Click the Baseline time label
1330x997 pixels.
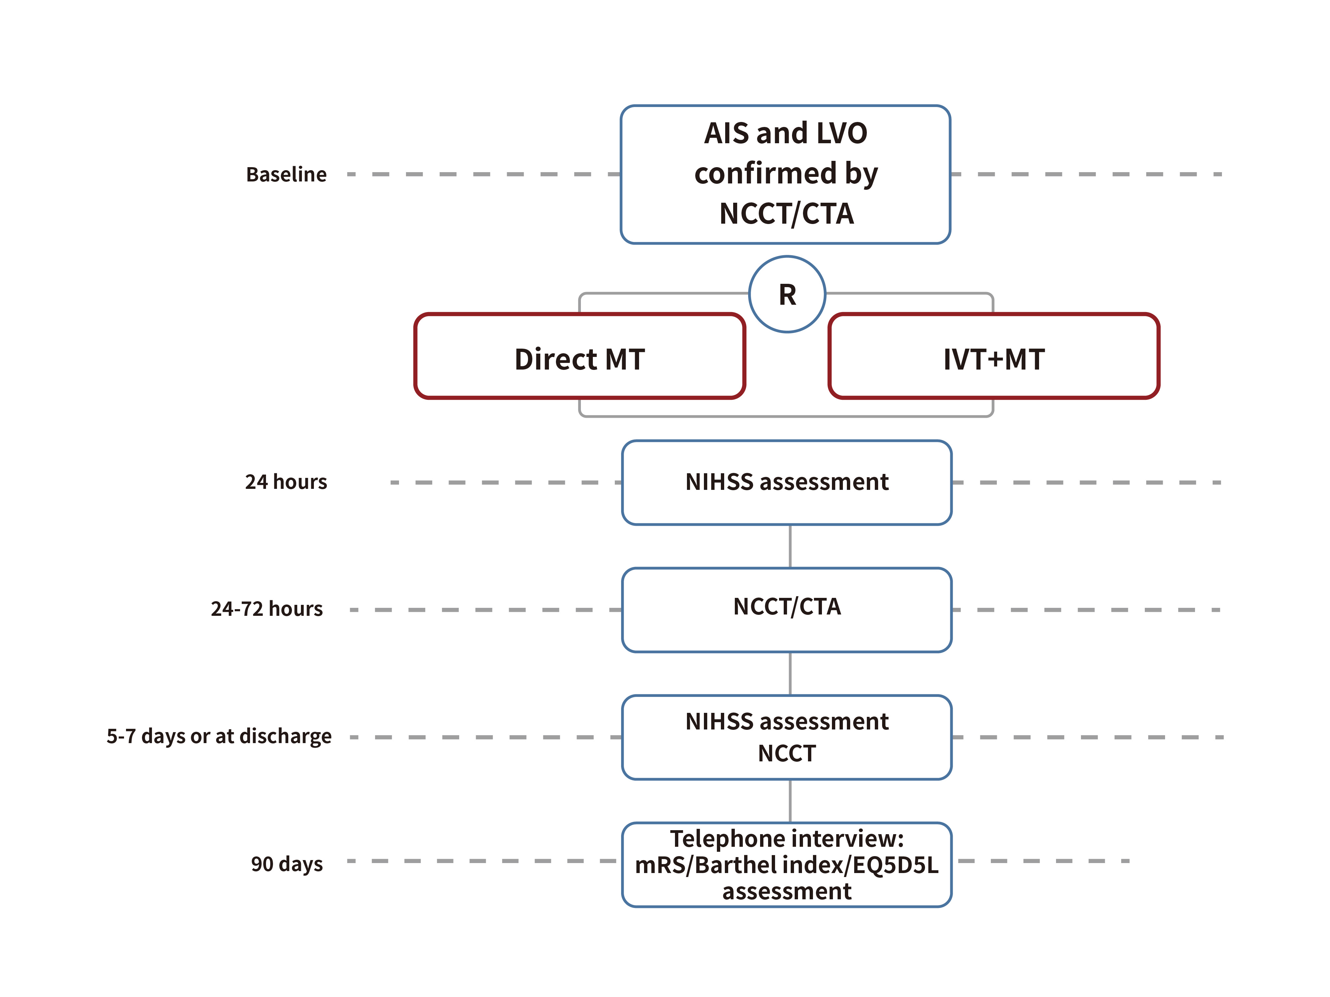tap(286, 174)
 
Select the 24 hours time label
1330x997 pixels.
tap(286, 482)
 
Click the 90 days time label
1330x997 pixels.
tap(287, 864)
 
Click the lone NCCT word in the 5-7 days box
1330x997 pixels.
tap(787, 753)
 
